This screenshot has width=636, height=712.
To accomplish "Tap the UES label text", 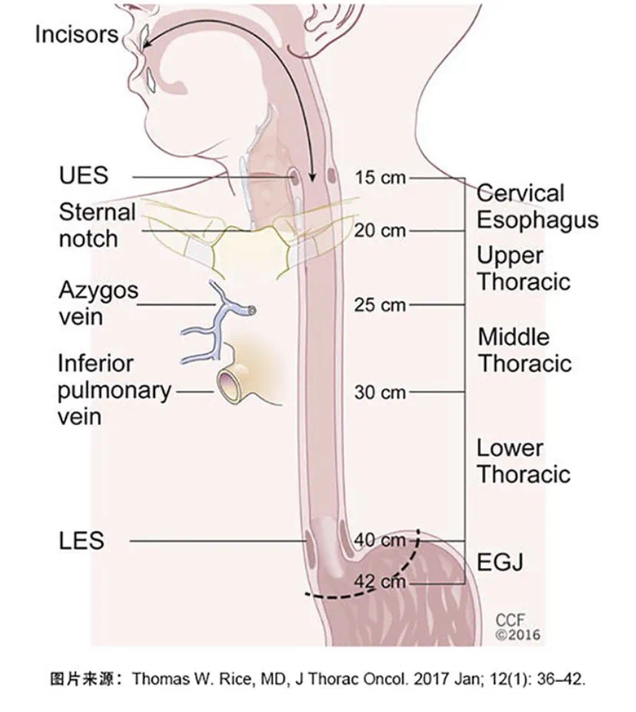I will click(x=84, y=176).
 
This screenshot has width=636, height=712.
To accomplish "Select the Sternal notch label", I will click(x=97, y=225).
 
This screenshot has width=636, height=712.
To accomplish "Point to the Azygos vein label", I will click(x=98, y=303).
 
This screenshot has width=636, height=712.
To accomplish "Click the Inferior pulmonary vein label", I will click(x=113, y=390).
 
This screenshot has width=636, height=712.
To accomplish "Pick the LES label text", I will click(x=81, y=541).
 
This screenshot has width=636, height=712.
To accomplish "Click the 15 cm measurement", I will click(x=380, y=178).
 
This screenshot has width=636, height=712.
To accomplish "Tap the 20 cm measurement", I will click(x=380, y=231).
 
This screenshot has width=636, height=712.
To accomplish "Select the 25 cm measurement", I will click(x=380, y=305).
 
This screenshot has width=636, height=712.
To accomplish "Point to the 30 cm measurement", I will click(x=380, y=392).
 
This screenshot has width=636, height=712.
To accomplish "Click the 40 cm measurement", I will click(x=379, y=541).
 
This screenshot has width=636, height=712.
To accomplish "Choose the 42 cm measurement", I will click(x=379, y=582).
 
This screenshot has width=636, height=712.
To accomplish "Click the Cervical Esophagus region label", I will click(x=537, y=206).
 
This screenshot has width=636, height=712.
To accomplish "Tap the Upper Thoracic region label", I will click(x=524, y=268).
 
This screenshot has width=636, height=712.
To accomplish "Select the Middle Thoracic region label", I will click(x=524, y=350).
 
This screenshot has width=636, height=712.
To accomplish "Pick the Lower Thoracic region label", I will click(x=524, y=461).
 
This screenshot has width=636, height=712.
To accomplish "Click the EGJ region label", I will click(x=500, y=562).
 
